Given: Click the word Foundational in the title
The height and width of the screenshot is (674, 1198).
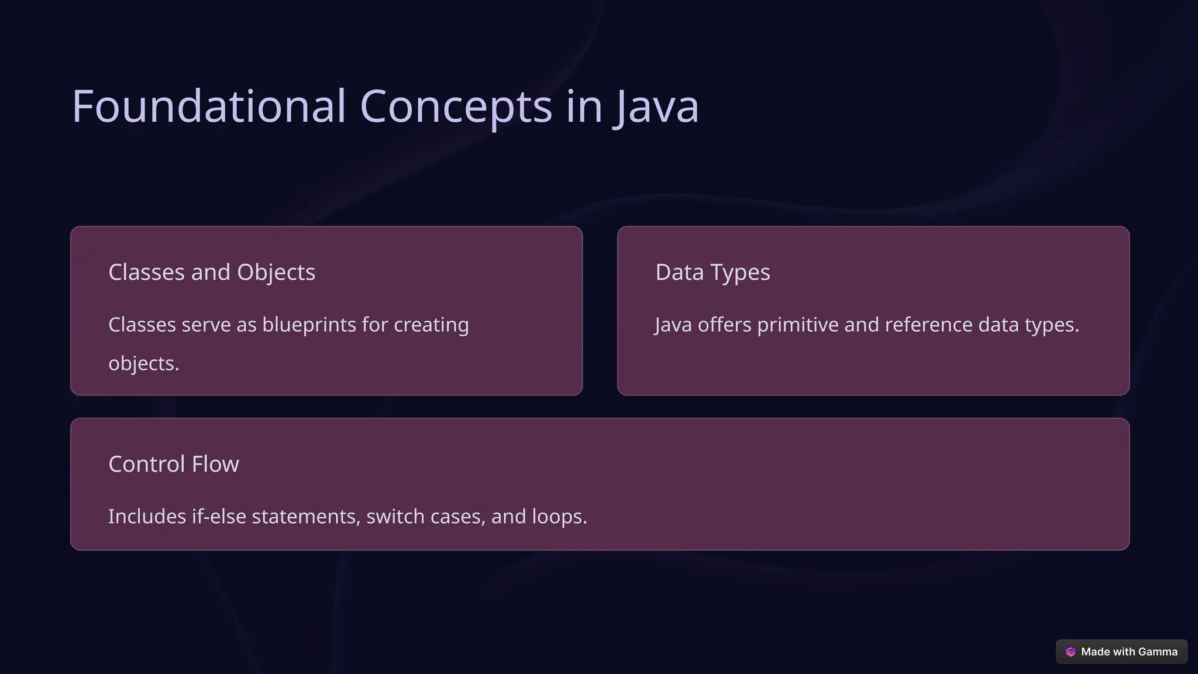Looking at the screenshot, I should pos(209,106).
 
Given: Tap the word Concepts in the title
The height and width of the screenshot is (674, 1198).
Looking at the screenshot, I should pos(456,106).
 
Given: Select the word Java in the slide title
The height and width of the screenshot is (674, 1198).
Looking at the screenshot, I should pos(656,106).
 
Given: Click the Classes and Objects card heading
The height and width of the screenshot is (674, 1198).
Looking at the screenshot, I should pos(212,272).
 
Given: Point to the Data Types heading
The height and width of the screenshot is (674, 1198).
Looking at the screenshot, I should pos(712,272).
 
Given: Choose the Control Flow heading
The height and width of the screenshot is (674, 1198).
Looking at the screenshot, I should pos(174,464).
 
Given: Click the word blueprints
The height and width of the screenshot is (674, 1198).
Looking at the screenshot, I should pos(309,325).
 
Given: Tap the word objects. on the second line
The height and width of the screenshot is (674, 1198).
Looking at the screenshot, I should pos(144,363).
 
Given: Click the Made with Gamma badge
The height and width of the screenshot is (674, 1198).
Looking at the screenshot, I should pos(1121,652).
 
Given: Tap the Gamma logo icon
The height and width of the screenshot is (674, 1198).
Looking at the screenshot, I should pos(1070,652).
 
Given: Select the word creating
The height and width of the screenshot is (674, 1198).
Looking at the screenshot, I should pos(431,325).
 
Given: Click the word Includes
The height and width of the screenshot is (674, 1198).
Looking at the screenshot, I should pos(147,517).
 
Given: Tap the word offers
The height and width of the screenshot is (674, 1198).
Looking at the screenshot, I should pos(724,325).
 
